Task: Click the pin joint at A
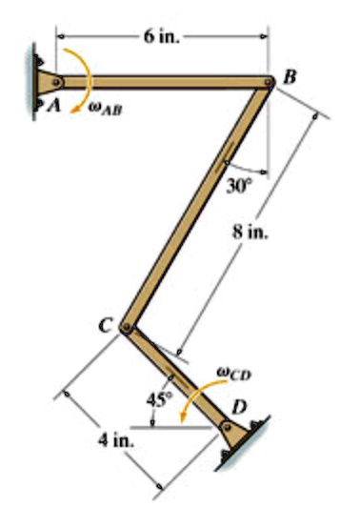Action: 57,82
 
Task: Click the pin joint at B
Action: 270,83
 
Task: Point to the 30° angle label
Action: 238,184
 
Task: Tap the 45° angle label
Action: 157,398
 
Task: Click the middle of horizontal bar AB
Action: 163,82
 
